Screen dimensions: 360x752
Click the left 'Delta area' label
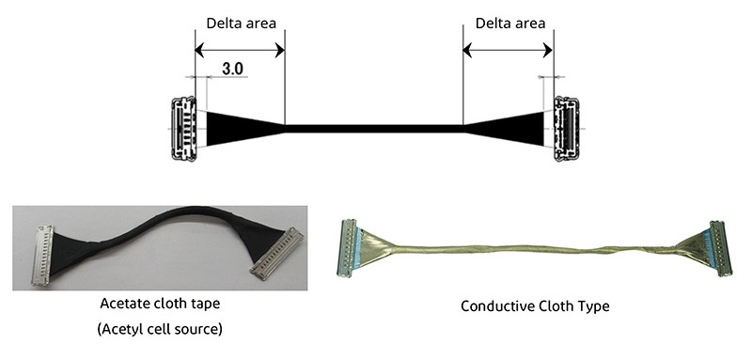(x=240, y=23)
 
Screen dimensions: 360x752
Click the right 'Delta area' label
(x=509, y=23)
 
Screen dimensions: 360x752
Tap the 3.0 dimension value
(x=233, y=69)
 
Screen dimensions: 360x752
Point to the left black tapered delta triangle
(x=235, y=129)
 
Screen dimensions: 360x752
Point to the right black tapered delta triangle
(x=512, y=129)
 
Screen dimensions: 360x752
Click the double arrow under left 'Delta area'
(x=240, y=51)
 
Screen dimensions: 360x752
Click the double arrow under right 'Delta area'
(x=509, y=51)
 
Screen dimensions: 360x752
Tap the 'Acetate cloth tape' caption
(x=159, y=305)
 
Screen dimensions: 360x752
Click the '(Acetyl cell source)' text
(x=159, y=329)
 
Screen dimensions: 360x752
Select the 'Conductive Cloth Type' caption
(x=524, y=306)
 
